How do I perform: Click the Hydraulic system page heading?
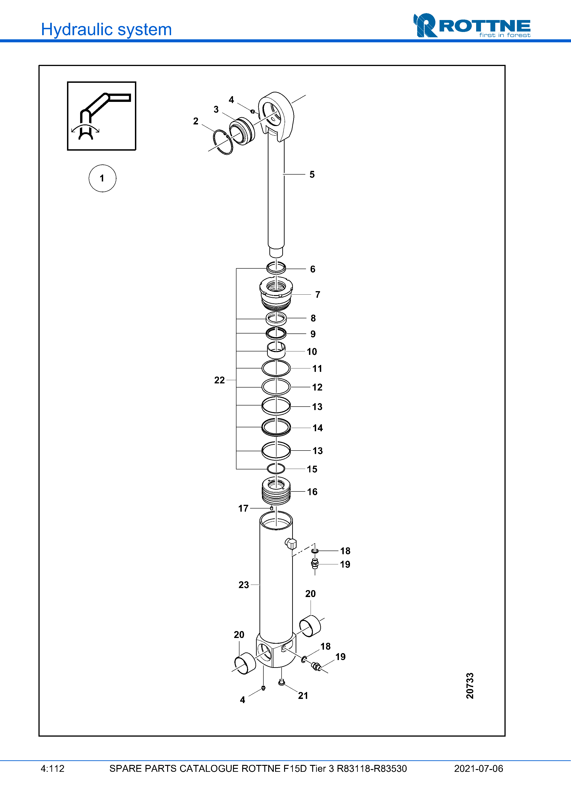[x=106, y=29]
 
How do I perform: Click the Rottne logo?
[x=472, y=26]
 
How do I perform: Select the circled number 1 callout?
[x=102, y=178]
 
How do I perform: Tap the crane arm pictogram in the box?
[x=101, y=116]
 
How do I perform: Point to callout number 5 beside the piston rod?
[x=312, y=175]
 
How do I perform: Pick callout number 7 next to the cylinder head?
[x=318, y=295]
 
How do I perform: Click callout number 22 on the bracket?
[x=219, y=380]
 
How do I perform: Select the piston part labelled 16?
[x=276, y=491]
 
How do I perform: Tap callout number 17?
[x=243, y=508]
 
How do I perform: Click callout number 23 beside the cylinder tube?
[x=243, y=585]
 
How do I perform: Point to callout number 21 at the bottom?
[x=303, y=696]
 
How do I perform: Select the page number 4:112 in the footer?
[x=52, y=769]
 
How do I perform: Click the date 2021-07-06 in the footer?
[x=478, y=769]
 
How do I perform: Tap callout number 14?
[x=318, y=428]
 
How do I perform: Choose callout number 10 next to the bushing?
[x=312, y=352]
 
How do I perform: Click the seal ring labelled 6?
[x=276, y=268]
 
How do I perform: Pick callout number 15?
[x=312, y=469]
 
